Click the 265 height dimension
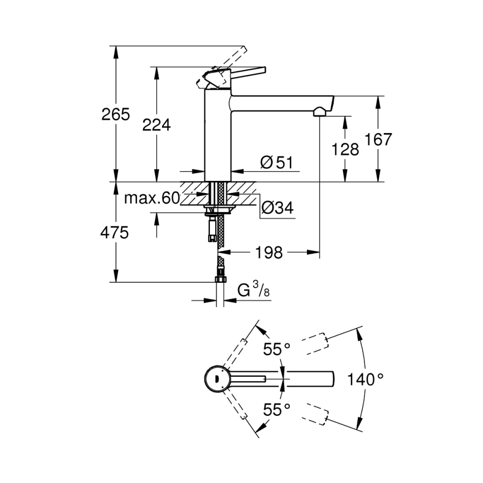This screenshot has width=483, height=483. point(115,114)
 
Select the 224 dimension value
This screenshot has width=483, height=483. point(156,125)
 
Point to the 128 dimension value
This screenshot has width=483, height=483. point(346,149)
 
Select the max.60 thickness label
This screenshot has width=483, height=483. point(151,199)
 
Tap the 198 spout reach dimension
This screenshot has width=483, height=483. point(269,252)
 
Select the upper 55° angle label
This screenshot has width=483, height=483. point(276,350)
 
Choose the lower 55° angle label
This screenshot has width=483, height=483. point(276,411)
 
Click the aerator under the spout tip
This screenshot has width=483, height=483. point(319,112)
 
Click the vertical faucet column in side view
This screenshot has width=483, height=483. point(218,140)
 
